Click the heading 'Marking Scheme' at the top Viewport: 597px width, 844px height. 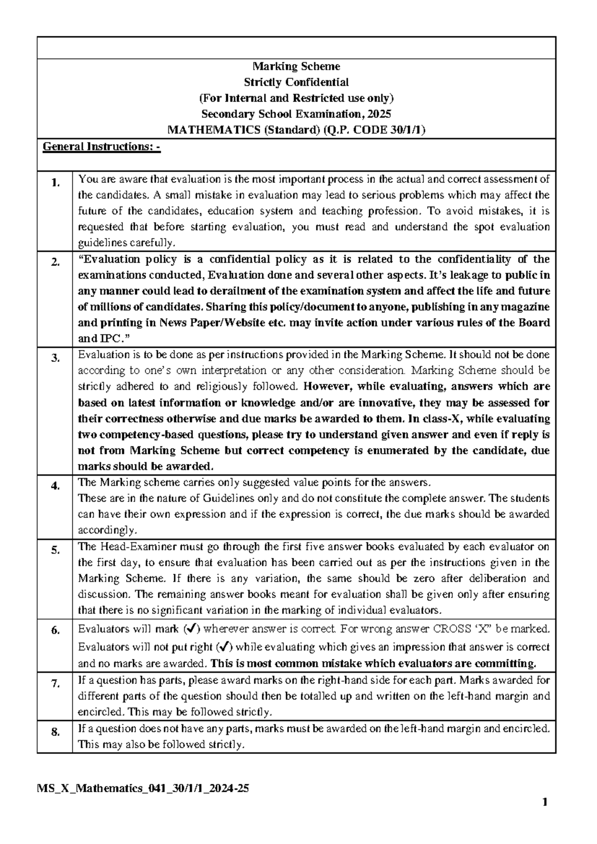click(x=297, y=66)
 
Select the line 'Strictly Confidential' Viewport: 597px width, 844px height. click(x=297, y=82)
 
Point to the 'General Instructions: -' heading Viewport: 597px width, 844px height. click(x=101, y=147)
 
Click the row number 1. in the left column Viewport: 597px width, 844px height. click(x=55, y=183)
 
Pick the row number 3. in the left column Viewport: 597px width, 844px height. click(x=55, y=358)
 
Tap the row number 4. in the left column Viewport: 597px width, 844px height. click(x=55, y=486)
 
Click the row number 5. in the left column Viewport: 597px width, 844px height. click(x=55, y=550)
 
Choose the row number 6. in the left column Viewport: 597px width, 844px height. click(x=55, y=631)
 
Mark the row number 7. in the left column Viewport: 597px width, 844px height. click(x=55, y=684)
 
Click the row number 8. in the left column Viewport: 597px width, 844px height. click(x=55, y=732)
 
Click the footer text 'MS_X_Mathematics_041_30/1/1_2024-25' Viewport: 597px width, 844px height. click(x=143, y=789)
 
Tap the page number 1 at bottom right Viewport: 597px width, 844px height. click(x=546, y=802)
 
